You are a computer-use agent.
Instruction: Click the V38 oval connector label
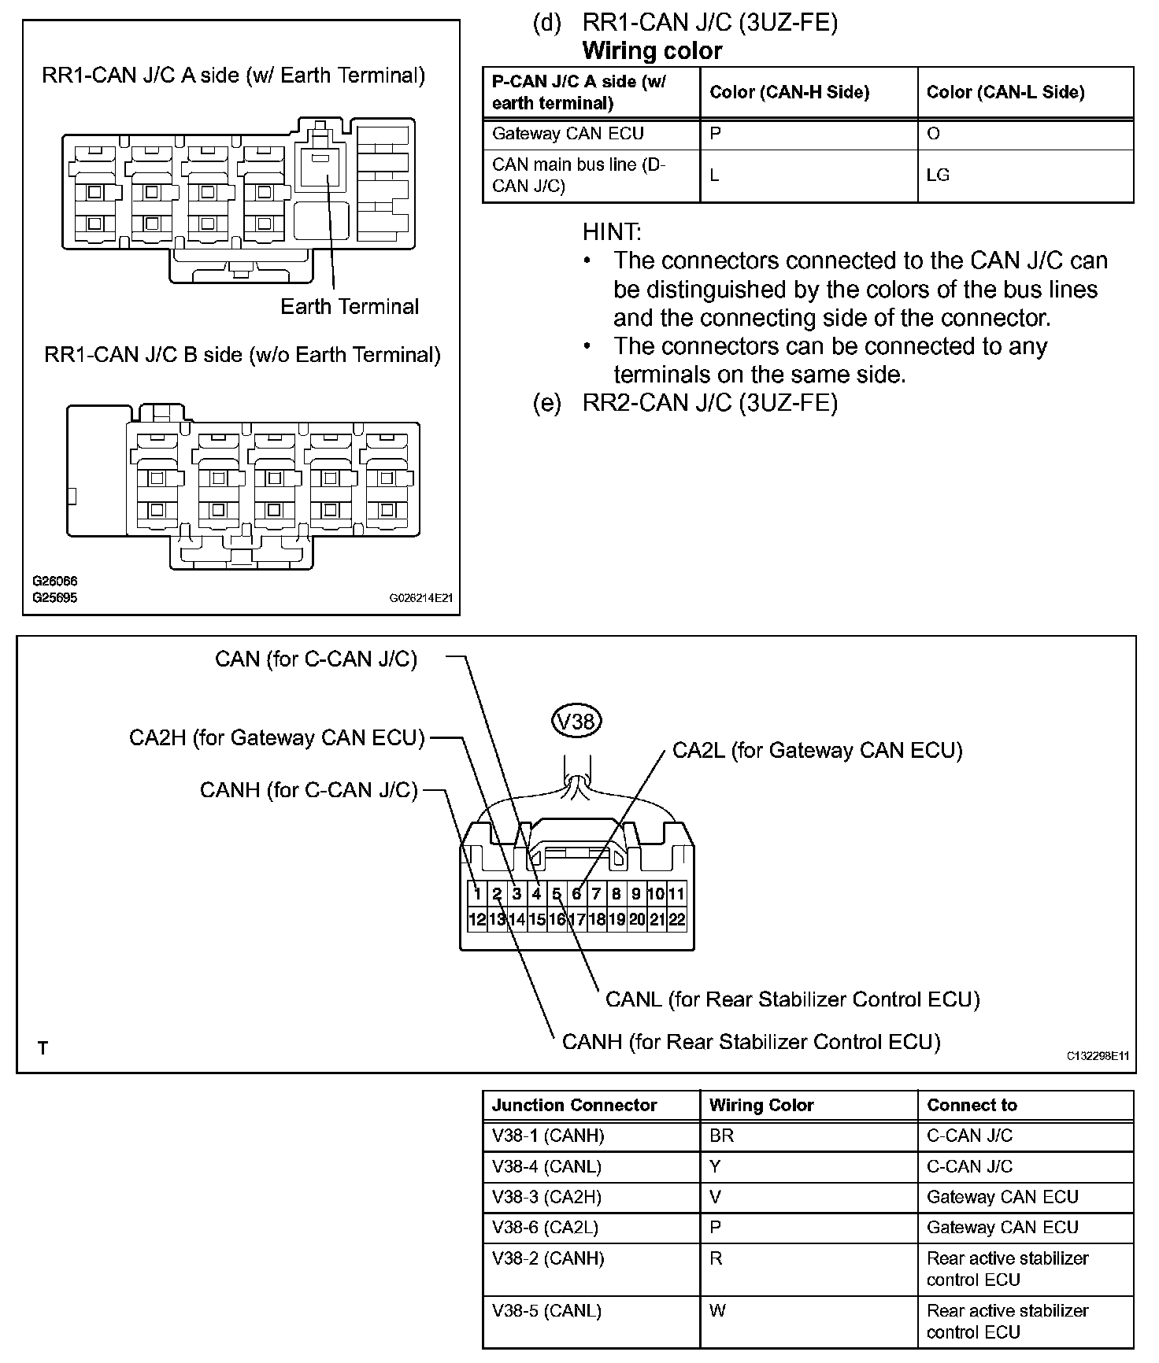576,721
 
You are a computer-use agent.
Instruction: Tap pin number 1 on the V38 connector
477,894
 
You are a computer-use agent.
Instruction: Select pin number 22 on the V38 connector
676,919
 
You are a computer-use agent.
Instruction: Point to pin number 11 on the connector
676,894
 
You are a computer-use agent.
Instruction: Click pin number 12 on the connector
477,919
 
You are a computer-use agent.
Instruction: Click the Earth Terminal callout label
350,306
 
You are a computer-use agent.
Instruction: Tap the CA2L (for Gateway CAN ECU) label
817,750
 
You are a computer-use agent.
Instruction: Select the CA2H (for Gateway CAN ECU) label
276,738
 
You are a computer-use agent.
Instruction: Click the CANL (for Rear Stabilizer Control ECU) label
792,999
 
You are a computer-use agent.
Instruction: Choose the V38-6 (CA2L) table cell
546,1227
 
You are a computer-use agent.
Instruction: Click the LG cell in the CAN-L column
938,175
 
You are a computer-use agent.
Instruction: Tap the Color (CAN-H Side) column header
789,93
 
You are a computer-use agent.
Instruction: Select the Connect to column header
972,1105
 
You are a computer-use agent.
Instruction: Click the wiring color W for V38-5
717,1310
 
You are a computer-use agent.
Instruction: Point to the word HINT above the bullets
612,232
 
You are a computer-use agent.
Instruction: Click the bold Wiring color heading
652,51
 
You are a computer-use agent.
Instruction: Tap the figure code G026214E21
421,598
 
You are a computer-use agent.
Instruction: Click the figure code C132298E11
1098,1056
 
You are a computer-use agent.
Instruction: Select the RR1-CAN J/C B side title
242,355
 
